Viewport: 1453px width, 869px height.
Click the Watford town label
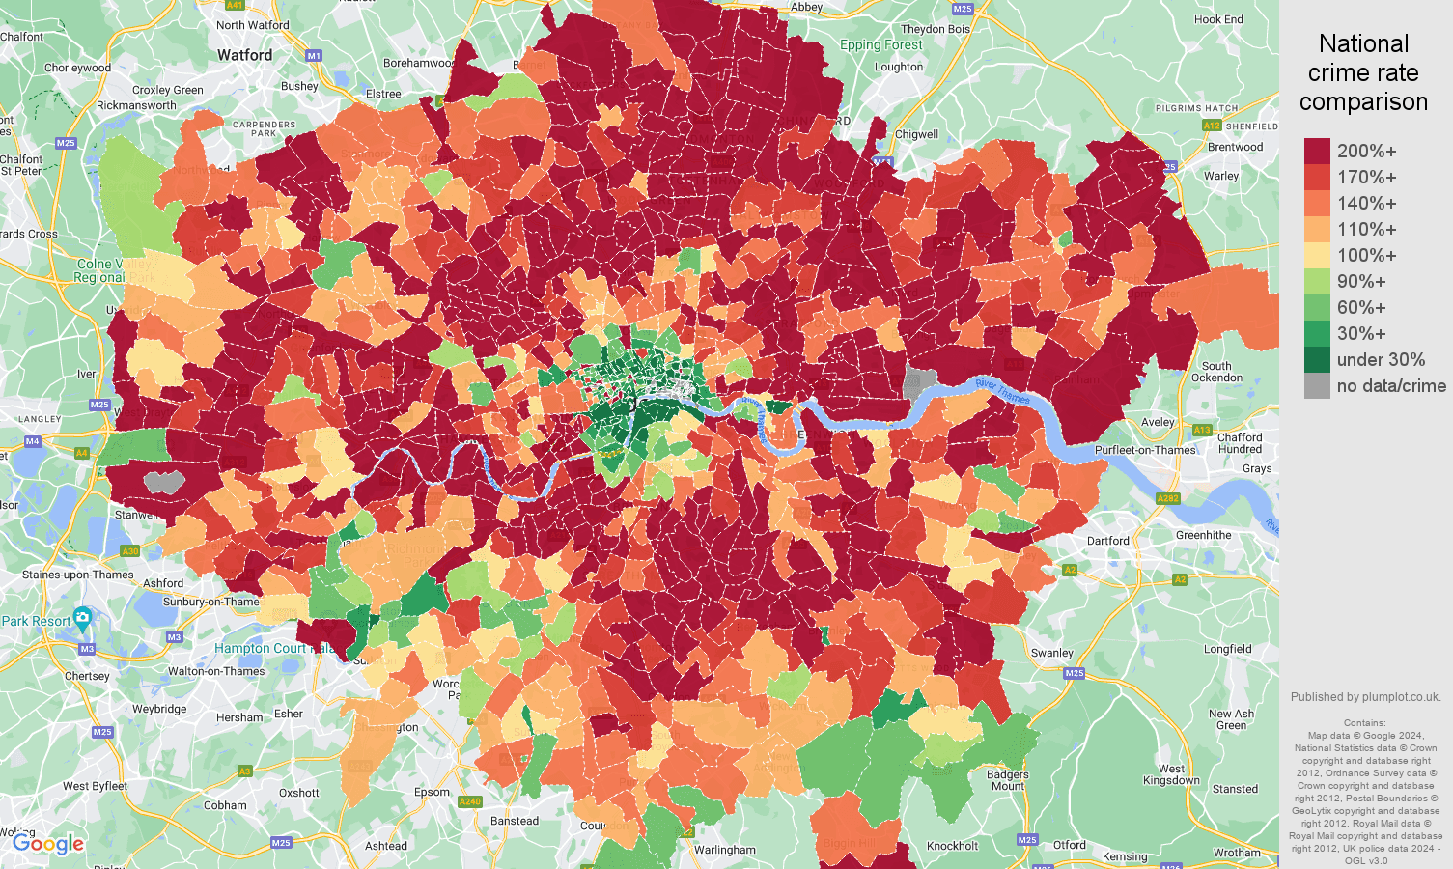pyautogui.click(x=244, y=55)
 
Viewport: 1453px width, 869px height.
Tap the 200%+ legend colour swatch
pyautogui.click(x=1317, y=151)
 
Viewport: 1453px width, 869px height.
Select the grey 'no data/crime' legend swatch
pyautogui.click(x=1317, y=386)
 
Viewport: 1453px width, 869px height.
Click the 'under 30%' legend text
pyautogui.click(x=1381, y=360)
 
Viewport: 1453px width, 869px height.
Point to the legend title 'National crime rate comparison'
pyautogui.click(x=1363, y=72)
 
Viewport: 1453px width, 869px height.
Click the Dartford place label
pyautogui.click(x=1107, y=541)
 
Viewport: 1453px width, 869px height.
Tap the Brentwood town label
pyautogui.click(x=1235, y=147)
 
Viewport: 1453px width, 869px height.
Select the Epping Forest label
pyautogui.click(x=880, y=45)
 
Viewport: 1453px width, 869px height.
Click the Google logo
pyautogui.click(x=48, y=844)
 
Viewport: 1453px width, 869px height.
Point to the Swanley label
pyautogui.click(x=1051, y=653)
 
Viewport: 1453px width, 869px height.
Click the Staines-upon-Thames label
pyautogui.click(x=78, y=575)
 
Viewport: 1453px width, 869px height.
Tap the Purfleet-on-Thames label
pyautogui.click(x=1145, y=450)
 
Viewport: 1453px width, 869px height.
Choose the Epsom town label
pyautogui.click(x=432, y=792)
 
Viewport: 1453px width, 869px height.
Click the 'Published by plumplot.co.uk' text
pyautogui.click(x=1365, y=697)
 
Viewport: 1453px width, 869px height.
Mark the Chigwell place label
pyautogui.click(x=916, y=134)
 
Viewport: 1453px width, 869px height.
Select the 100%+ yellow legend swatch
pyautogui.click(x=1317, y=256)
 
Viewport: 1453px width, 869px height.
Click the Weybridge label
pyautogui.click(x=159, y=709)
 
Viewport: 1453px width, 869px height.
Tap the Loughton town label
pyautogui.click(x=898, y=67)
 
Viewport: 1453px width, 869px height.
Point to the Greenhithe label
pyautogui.click(x=1203, y=535)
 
